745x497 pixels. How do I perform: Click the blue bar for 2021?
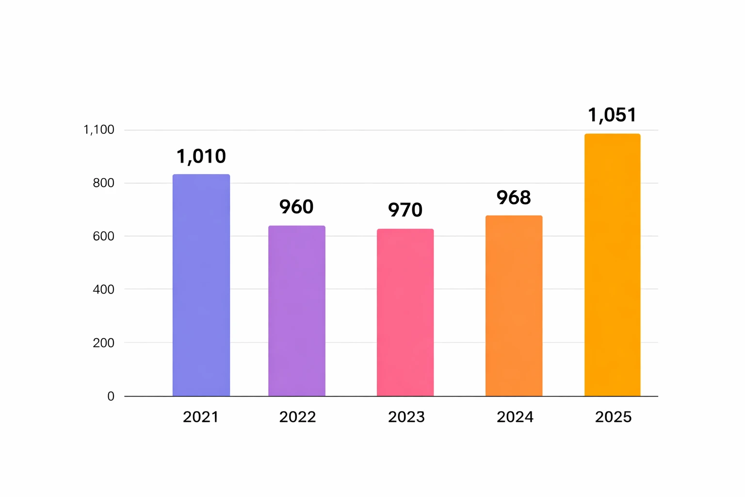click(x=201, y=285)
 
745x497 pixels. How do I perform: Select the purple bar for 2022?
click(x=297, y=311)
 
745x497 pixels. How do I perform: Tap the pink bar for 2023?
click(x=405, y=312)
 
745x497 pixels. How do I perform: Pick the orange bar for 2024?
click(x=514, y=306)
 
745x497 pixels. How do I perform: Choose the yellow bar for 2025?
click(x=612, y=265)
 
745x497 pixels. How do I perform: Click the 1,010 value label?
click(x=201, y=156)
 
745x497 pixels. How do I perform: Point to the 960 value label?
click(x=296, y=207)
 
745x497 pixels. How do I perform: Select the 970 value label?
click(x=405, y=210)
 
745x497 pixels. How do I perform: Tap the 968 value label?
click(x=514, y=198)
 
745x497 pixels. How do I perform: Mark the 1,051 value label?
click(x=612, y=115)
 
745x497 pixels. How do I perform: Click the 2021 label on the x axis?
click(x=201, y=417)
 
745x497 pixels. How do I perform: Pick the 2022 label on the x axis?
click(x=297, y=417)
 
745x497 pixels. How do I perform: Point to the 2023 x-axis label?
click(x=406, y=417)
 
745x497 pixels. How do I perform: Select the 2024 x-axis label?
click(x=515, y=417)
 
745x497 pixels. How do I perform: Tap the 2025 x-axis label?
click(x=613, y=417)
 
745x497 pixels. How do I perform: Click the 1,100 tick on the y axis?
click(x=99, y=130)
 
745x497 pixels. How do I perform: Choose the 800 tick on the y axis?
click(x=103, y=183)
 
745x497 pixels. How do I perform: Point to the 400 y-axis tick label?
click(x=103, y=289)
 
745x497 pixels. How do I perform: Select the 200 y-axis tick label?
click(x=103, y=343)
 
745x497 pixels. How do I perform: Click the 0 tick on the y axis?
click(x=111, y=396)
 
